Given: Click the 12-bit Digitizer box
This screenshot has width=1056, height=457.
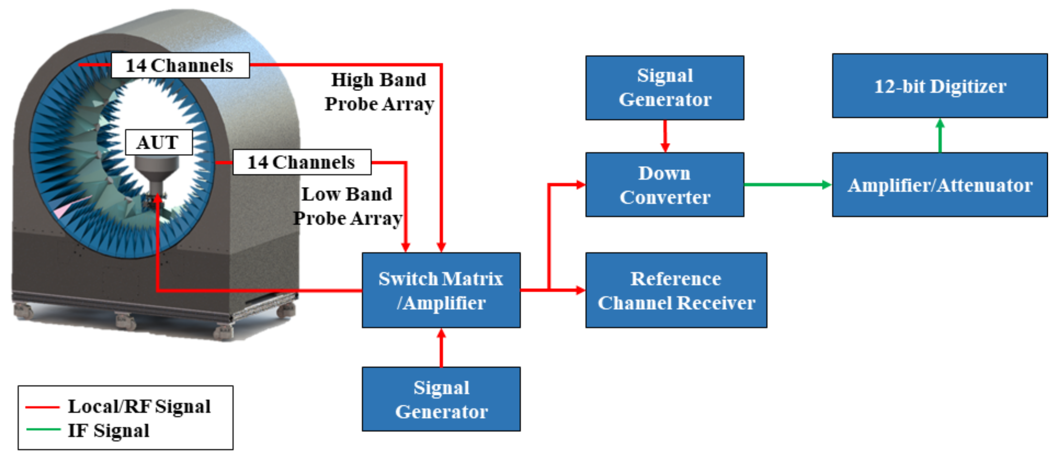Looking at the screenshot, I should [x=939, y=86].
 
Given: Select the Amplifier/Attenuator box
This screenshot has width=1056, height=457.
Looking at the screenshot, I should [x=939, y=185].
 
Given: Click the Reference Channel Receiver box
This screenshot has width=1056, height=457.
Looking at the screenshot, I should [x=676, y=290].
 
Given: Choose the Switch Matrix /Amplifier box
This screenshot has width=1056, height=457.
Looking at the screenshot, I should [x=441, y=290].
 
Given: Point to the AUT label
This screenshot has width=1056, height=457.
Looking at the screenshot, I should [x=158, y=142].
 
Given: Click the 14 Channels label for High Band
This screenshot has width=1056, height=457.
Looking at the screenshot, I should [x=180, y=65].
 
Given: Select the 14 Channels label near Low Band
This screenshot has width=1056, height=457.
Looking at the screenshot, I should [x=302, y=162].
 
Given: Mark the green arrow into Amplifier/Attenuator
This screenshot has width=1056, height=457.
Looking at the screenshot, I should [x=787, y=185].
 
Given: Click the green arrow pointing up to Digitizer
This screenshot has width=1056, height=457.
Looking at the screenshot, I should [x=940, y=135].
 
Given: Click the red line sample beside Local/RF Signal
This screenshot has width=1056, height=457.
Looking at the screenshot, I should [x=43, y=407].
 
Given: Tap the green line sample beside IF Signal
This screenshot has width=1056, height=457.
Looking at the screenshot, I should [x=43, y=429].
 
